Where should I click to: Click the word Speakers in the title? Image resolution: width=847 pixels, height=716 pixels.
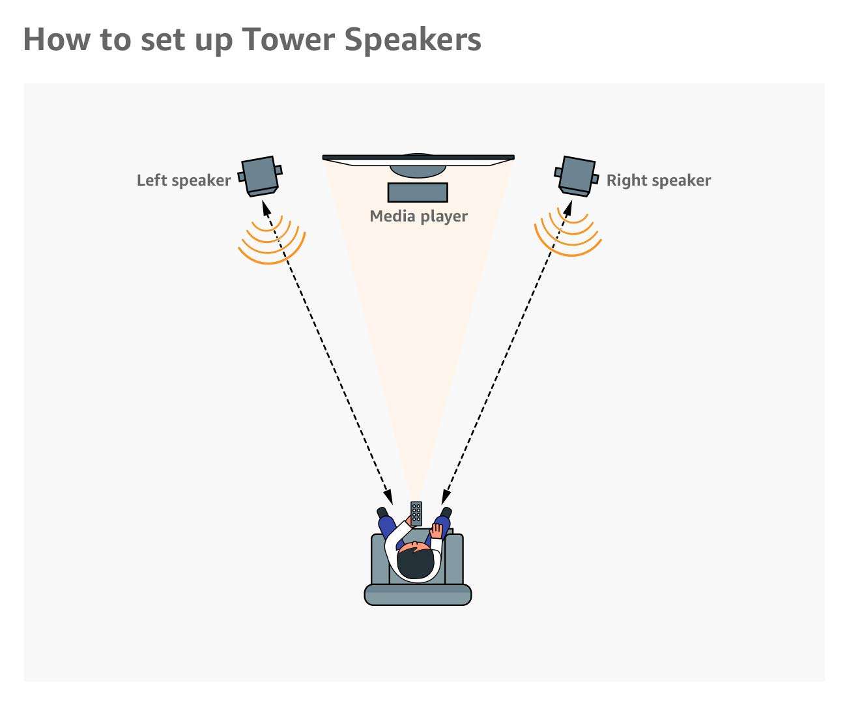pyautogui.click(x=412, y=39)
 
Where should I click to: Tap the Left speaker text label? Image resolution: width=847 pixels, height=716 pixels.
pyautogui.click(x=183, y=180)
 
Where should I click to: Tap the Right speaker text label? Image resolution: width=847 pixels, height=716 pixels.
pyautogui.click(x=658, y=180)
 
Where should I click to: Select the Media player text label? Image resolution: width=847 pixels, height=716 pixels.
pyautogui.click(x=418, y=216)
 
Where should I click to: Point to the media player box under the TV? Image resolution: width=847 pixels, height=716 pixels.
pyautogui.click(x=418, y=193)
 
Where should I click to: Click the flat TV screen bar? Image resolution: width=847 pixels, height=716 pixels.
pyautogui.click(x=418, y=158)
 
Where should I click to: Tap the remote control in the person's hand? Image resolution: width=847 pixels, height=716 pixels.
pyautogui.click(x=416, y=513)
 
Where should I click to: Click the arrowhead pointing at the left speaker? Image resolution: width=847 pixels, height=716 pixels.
pyautogui.click(x=265, y=206)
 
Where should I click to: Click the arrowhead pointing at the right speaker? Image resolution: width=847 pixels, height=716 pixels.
pyautogui.click(x=569, y=207)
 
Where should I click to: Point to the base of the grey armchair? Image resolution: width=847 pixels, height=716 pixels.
pyautogui.click(x=417, y=594)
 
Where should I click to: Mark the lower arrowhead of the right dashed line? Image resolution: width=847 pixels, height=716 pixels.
pyautogui.click(x=446, y=497)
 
